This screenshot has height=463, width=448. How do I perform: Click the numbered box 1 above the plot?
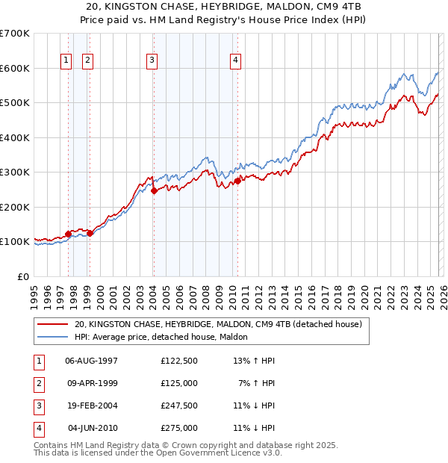[66, 60]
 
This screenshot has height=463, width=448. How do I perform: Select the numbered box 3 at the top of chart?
[152, 60]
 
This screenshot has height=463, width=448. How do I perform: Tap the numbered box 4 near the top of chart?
[235, 60]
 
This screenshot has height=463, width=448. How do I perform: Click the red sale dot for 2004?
[154, 190]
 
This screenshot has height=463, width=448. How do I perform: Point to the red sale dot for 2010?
[237, 181]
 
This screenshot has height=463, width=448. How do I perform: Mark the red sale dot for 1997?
[69, 234]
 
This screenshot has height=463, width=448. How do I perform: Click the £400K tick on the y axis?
[15, 137]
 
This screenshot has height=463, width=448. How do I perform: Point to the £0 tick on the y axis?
[24, 276]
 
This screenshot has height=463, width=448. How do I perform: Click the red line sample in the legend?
[53, 325]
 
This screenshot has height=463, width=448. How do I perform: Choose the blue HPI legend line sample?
[53, 337]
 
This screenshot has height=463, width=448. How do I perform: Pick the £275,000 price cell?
[178, 428]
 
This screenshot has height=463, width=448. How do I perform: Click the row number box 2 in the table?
[37, 383]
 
